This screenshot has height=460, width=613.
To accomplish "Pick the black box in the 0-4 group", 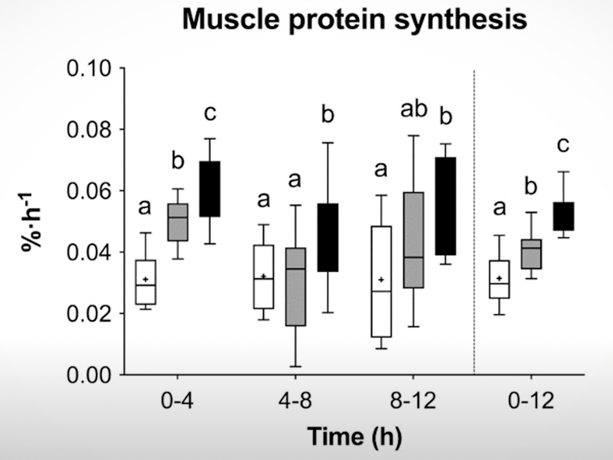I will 209,189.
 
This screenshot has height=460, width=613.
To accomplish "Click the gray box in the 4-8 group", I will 295,287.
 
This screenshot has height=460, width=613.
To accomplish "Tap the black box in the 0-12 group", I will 563,216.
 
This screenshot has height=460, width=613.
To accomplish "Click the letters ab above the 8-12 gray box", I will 414,110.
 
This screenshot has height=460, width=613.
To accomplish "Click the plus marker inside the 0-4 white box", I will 146,279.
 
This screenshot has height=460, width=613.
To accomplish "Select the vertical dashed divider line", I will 474,217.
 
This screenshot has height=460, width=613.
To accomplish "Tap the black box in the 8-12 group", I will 446,206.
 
